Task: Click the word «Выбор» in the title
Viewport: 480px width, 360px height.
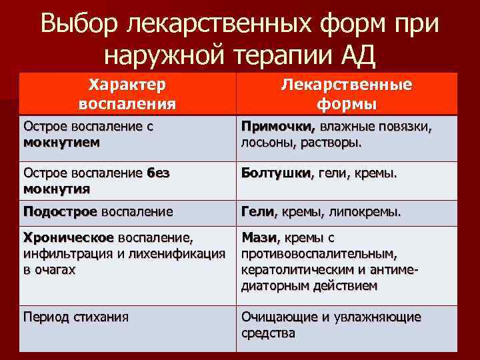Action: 79,25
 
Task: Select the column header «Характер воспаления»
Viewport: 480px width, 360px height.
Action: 127,94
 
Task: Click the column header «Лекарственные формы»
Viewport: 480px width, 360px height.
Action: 347,95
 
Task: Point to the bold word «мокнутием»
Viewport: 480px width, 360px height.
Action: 61,142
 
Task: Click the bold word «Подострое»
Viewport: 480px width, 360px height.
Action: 60,212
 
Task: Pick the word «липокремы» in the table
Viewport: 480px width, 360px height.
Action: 367,212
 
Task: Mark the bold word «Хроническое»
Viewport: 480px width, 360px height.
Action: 68,237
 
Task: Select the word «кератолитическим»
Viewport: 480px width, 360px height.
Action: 297,269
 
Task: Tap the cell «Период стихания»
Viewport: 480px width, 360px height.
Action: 75,317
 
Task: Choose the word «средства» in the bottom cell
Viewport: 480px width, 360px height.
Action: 268,333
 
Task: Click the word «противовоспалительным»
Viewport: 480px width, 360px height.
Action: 319,253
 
